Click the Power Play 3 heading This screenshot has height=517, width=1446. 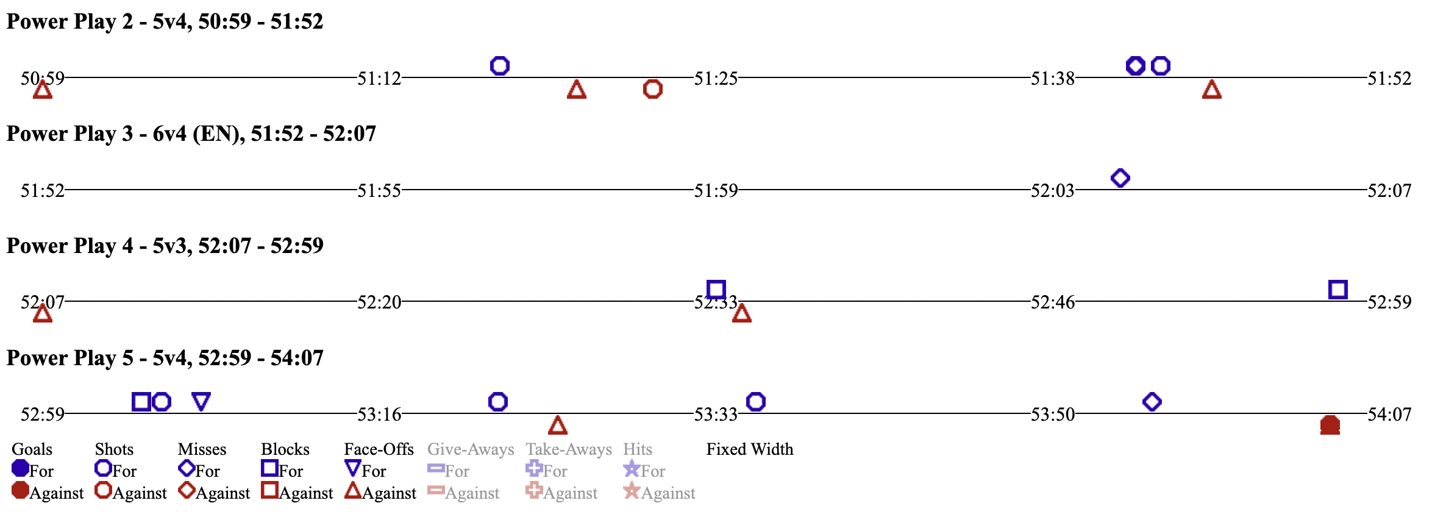pyautogui.click(x=191, y=134)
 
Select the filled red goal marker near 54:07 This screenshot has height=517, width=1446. pyautogui.click(x=1330, y=425)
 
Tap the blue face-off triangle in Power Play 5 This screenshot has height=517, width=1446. pyautogui.click(x=201, y=401)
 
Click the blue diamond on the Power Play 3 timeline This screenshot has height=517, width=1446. pyautogui.click(x=1120, y=178)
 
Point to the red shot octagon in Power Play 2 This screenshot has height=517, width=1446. pyautogui.click(x=652, y=89)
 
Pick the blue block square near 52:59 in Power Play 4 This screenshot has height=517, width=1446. pyautogui.click(x=1337, y=289)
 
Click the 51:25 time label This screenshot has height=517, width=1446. pyautogui.click(x=716, y=79)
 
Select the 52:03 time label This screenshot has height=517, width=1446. pyautogui.click(x=1052, y=191)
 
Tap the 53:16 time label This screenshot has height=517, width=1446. pyautogui.click(x=379, y=415)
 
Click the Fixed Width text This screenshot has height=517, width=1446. pyautogui.click(x=749, y=449)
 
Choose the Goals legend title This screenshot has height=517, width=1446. pyautogui.click(x=32, y=449)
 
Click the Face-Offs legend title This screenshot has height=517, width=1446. pyautogui.click(x=379, y=449)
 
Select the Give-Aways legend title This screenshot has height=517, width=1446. pyautogui.click(x=470, y=449)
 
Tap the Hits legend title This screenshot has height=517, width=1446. pyautogui.click(x=637, y=449)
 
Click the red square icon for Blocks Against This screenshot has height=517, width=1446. pyautogui.click(x=269, y=490)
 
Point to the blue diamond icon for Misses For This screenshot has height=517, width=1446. pyautogui.click(x=186, y=468)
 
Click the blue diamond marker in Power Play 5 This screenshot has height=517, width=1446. pyautogui.click(x=1152, y=402)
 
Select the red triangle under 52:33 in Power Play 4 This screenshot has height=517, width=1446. pyautogui.click(x=741, y=313)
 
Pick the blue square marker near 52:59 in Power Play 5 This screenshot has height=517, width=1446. pyautogui.click(x=141, y=402)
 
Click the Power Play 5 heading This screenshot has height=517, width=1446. pyautogui.click(x=165, y=358)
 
